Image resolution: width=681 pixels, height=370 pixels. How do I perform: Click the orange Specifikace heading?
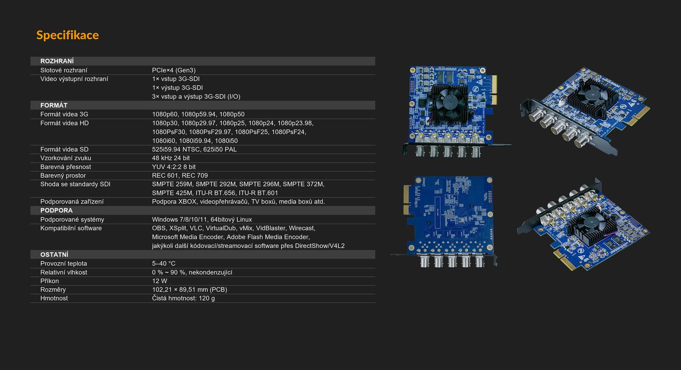(x=68, y=35)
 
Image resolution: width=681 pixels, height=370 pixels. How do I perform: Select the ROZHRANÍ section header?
(x=57, y=61)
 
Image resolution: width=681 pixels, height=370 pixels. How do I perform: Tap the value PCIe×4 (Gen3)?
(x=174, y=70)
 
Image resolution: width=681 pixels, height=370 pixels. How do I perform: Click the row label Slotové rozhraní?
(x=63, y=70)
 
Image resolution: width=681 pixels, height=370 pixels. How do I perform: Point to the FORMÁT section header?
(x=54, y=105)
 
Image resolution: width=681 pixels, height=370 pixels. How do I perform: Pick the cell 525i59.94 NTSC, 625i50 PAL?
(x=194, y=149)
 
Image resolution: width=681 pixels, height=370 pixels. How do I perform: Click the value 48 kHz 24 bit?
(x=171, y=158)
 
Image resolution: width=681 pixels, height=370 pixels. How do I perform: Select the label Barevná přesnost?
(x=66, y=167)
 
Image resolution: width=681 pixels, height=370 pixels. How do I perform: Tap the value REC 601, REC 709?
(x=180, y=175)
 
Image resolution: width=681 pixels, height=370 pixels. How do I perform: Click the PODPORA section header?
(x=56, y=210)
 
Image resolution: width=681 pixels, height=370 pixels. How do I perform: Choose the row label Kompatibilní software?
(x=71, y=228)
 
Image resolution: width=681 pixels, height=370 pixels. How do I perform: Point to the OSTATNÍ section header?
(x=54, y=255)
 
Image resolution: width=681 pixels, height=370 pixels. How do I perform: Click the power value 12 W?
(x=160, y=281)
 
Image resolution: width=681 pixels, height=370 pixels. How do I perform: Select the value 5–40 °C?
(x=163, y=263)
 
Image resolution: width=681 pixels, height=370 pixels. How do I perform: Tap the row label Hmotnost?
(x=54, y=298)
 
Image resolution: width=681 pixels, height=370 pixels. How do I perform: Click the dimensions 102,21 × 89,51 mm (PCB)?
(x=189, y=290)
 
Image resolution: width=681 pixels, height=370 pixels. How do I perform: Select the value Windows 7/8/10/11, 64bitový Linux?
(x=202, y=220)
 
